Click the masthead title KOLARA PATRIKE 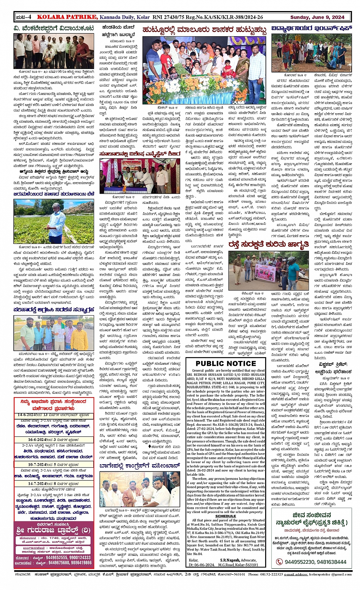click(x=67, y=17)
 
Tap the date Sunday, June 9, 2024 click(x=317, y=17)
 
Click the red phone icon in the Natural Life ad click(x=280, y=561)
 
